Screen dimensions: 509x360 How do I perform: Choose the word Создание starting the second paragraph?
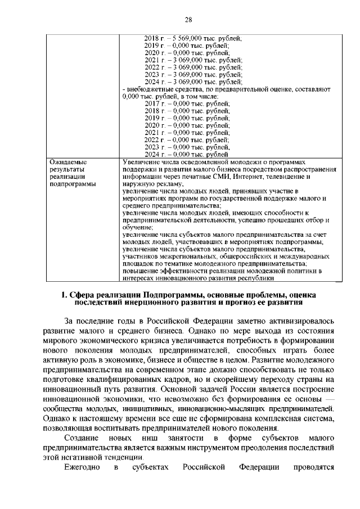click(82, 437)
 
